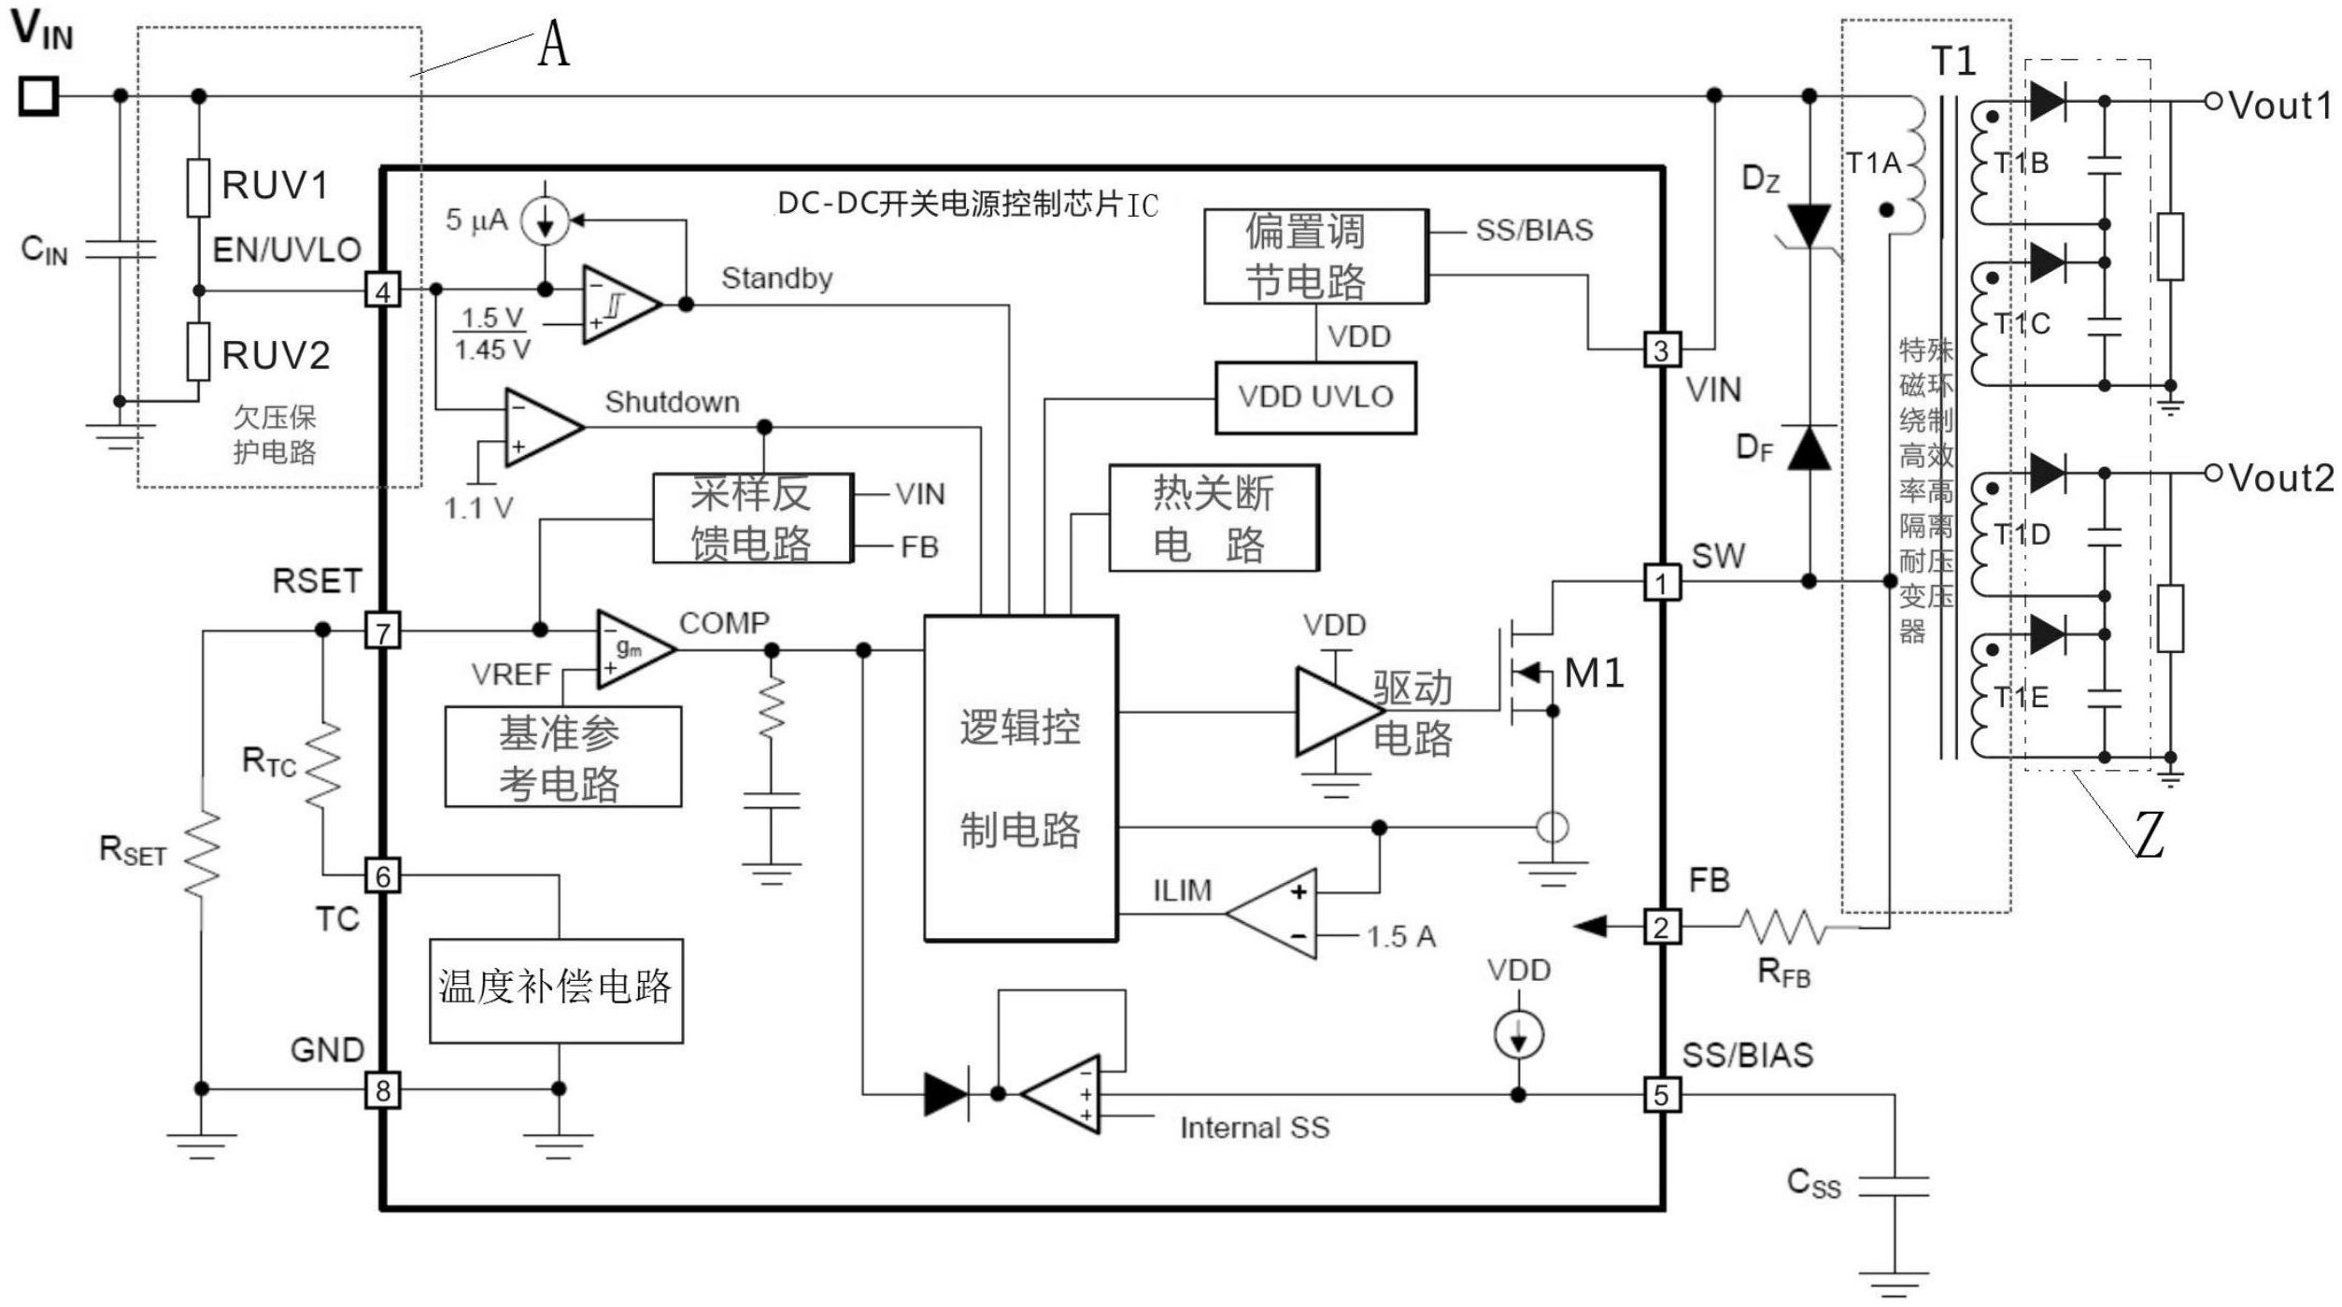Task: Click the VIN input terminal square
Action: tap(39, 96)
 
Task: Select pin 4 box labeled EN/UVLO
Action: tap(382, 291)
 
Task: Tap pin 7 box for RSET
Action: tap(382, 632)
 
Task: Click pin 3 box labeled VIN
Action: tap(1661, 350)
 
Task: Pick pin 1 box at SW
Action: tap(1661, 584)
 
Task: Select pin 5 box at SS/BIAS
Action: tap(1661, 1095)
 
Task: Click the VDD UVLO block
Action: tap(1314, 398)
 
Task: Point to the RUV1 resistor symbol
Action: tap(198, 188)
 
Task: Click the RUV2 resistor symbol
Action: tap(198, 352)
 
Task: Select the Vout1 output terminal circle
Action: tap(2213, 101)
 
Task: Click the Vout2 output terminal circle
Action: tap(2213, 474)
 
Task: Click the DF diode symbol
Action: tap(1809, 448)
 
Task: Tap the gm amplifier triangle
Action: tap(632, 649)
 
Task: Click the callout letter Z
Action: tap(2150, 834)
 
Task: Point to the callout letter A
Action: tap(553, 44)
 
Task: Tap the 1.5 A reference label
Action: tap(1400, 937)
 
